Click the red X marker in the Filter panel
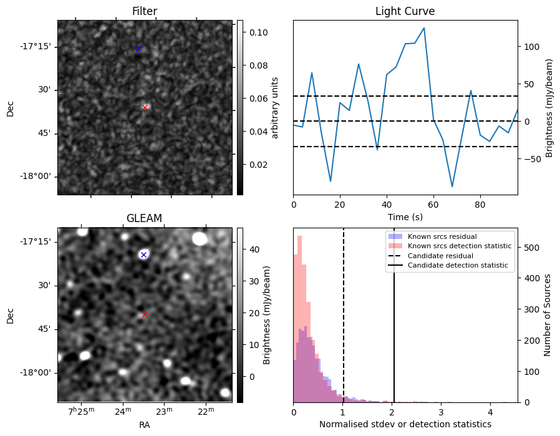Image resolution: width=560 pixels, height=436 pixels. point(145,107)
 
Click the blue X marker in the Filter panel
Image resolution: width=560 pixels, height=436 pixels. point(139,48)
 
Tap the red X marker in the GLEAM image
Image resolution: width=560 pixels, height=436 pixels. point(145,315)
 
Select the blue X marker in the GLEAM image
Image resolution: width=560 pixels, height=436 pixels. point(143,254)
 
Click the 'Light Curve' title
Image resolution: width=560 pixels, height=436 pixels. point(405,11)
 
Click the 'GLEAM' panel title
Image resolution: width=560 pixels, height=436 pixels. point(144,218)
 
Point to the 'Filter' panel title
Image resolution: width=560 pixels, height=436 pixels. point(144,11)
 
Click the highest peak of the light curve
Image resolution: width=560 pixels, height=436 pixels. point(424,28)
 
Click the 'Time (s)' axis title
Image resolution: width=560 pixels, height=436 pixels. point(405,216)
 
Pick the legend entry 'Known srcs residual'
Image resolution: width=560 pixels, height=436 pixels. point(442,236)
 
